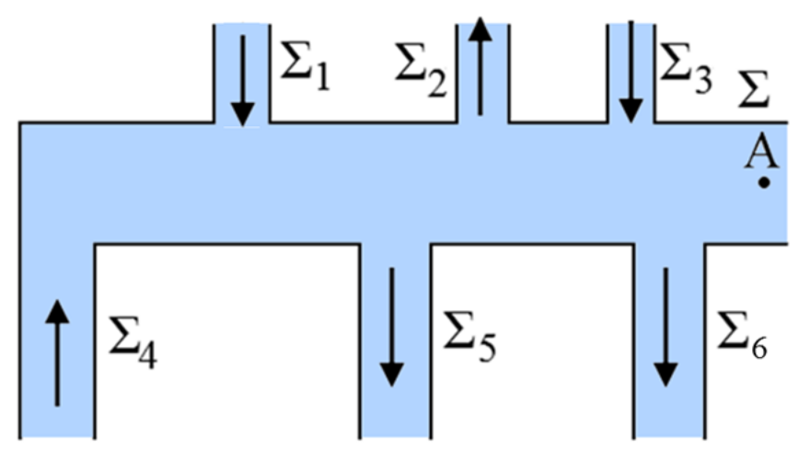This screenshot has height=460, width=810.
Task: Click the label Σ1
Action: click(303, 70)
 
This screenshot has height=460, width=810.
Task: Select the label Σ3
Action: click(686, 70)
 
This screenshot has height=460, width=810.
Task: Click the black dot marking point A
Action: click(764, 183)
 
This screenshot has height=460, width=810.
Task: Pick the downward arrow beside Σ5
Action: click(393, 327)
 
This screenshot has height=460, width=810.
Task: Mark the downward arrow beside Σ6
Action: click(665, 327)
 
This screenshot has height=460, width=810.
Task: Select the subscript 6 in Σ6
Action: click(758, 349)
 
